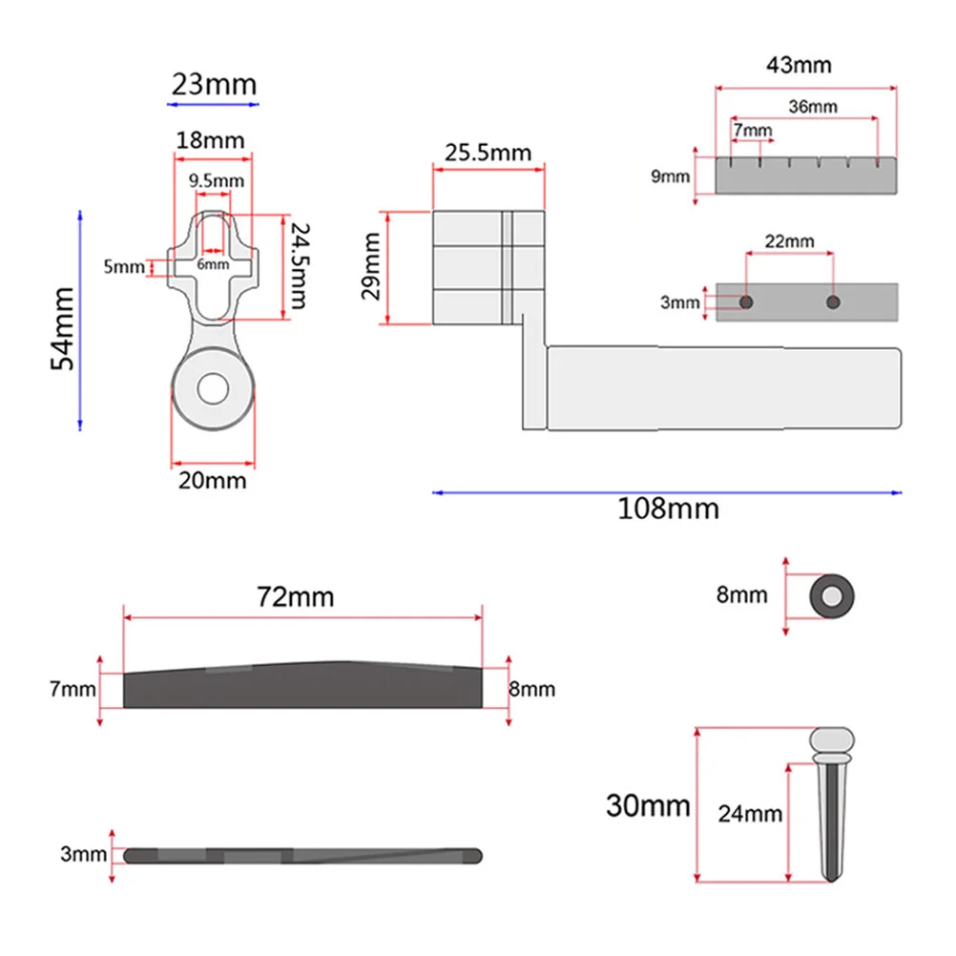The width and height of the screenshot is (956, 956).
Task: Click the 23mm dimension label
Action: click(214, 84)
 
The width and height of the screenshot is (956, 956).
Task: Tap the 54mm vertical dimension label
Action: click(62, 328)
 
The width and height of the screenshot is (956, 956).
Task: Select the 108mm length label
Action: click(668, 509)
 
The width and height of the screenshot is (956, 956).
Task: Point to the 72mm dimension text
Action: click(295, 597)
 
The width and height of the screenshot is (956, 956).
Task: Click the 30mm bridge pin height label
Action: click(648, 805)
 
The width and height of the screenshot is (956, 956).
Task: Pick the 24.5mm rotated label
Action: click(300, 266)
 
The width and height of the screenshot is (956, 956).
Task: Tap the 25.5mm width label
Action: click(488, 153)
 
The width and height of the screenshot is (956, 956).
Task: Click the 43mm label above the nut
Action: click(799, 65)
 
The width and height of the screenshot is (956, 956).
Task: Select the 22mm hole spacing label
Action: click(790, 241)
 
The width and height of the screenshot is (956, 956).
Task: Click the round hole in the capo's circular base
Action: click(213, 389)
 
